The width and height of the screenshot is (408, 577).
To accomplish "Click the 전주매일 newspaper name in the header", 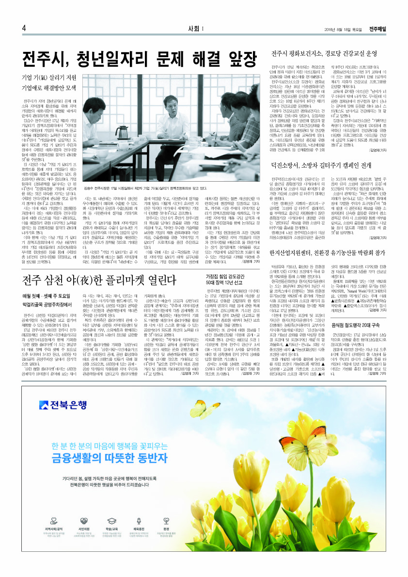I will click(x=377, y=29).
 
